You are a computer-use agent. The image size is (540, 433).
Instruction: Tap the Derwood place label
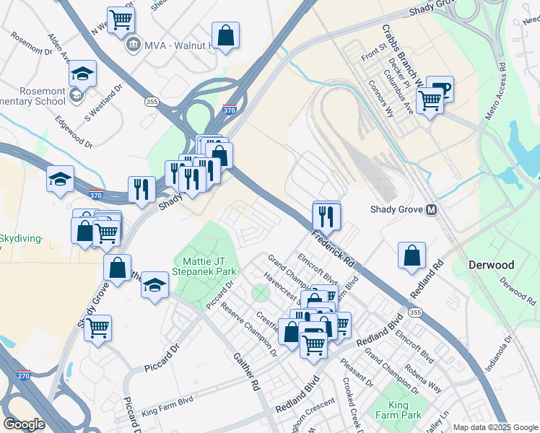[491, 265]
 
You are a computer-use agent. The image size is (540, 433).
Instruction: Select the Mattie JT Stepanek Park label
[204, 266]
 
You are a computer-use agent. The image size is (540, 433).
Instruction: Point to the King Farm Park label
[404, 410]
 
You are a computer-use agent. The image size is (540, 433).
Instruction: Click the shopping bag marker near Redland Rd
[411, 255]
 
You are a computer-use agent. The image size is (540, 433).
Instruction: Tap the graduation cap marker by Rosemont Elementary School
[83, 74]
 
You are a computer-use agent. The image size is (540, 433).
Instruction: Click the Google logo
[24, 424]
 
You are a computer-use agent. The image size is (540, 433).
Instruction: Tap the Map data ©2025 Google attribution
[495, 427]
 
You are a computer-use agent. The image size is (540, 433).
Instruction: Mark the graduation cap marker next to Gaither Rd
[154, 284]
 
